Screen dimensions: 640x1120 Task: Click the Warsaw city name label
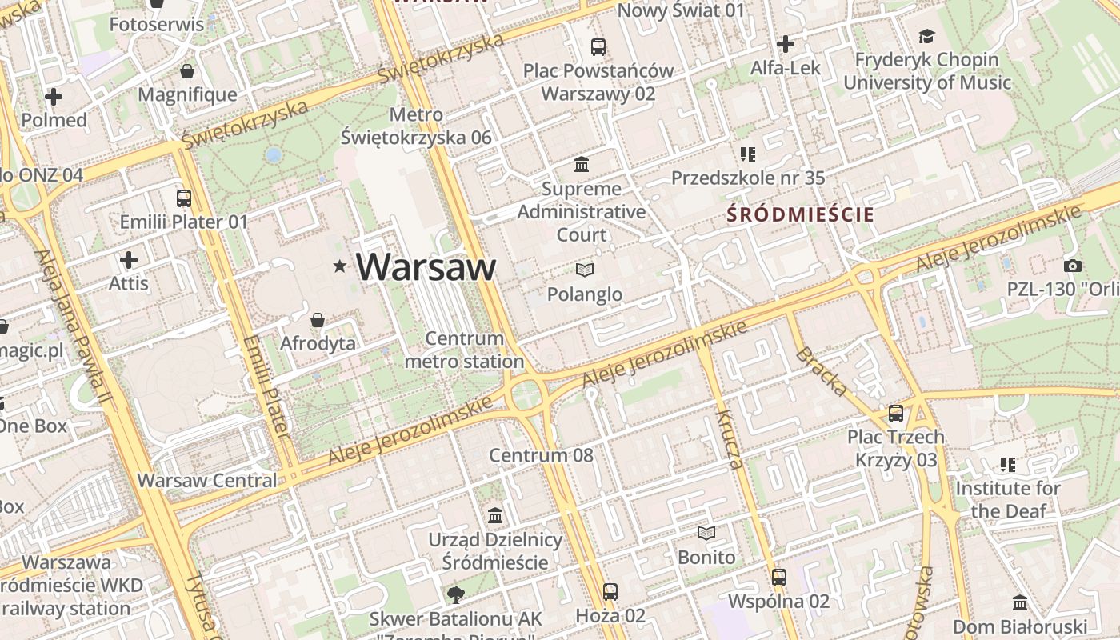pyautogui.click(x=426, y=266)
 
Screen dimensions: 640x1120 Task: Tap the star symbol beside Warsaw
pyautogui.click(x=341, y=266)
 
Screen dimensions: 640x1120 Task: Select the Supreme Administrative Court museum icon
pyautogui.click(x=582, y=165)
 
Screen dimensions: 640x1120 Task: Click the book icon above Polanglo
pyautogui.click(x=585, y=270)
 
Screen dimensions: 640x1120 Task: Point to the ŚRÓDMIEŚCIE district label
pyautogui.click(x=800, y=214)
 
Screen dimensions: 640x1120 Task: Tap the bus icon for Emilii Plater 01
pyautogui.click(x=184, y=198)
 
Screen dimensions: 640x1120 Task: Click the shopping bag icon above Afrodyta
pyautogui.click(x=318, y=320)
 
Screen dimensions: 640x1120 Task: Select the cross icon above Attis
pyautogui.click(x=129, y=260)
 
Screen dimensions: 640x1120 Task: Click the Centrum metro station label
pyautogui.click(x=465, y=350)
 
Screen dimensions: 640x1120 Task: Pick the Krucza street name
pyautogui.click(x=730, y=439)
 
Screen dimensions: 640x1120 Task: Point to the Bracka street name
pyautogui.click(x=822, y=371)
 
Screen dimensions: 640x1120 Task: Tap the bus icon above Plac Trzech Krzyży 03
pyautogui.click(x=896, y=414)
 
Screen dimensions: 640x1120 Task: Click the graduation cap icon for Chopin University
pyautogui.click(x=926, y=36)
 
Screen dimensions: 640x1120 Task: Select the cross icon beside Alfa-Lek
pyautogui.click(x=786, y=44)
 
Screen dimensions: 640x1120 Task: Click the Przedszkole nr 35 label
pyautogui.click(x=748, y=178)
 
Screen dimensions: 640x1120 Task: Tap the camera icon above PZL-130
pyautogui.click(x=1073, y=266)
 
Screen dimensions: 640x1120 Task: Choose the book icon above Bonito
pyautogui.click(x=706, y=533)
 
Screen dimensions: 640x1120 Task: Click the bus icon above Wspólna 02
pyautogui.click(x=779, y=577)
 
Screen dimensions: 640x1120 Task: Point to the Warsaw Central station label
pyautogui.click(x=207, y=481)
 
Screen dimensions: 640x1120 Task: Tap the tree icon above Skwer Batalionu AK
pyautogui.click(x=455, y=594)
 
